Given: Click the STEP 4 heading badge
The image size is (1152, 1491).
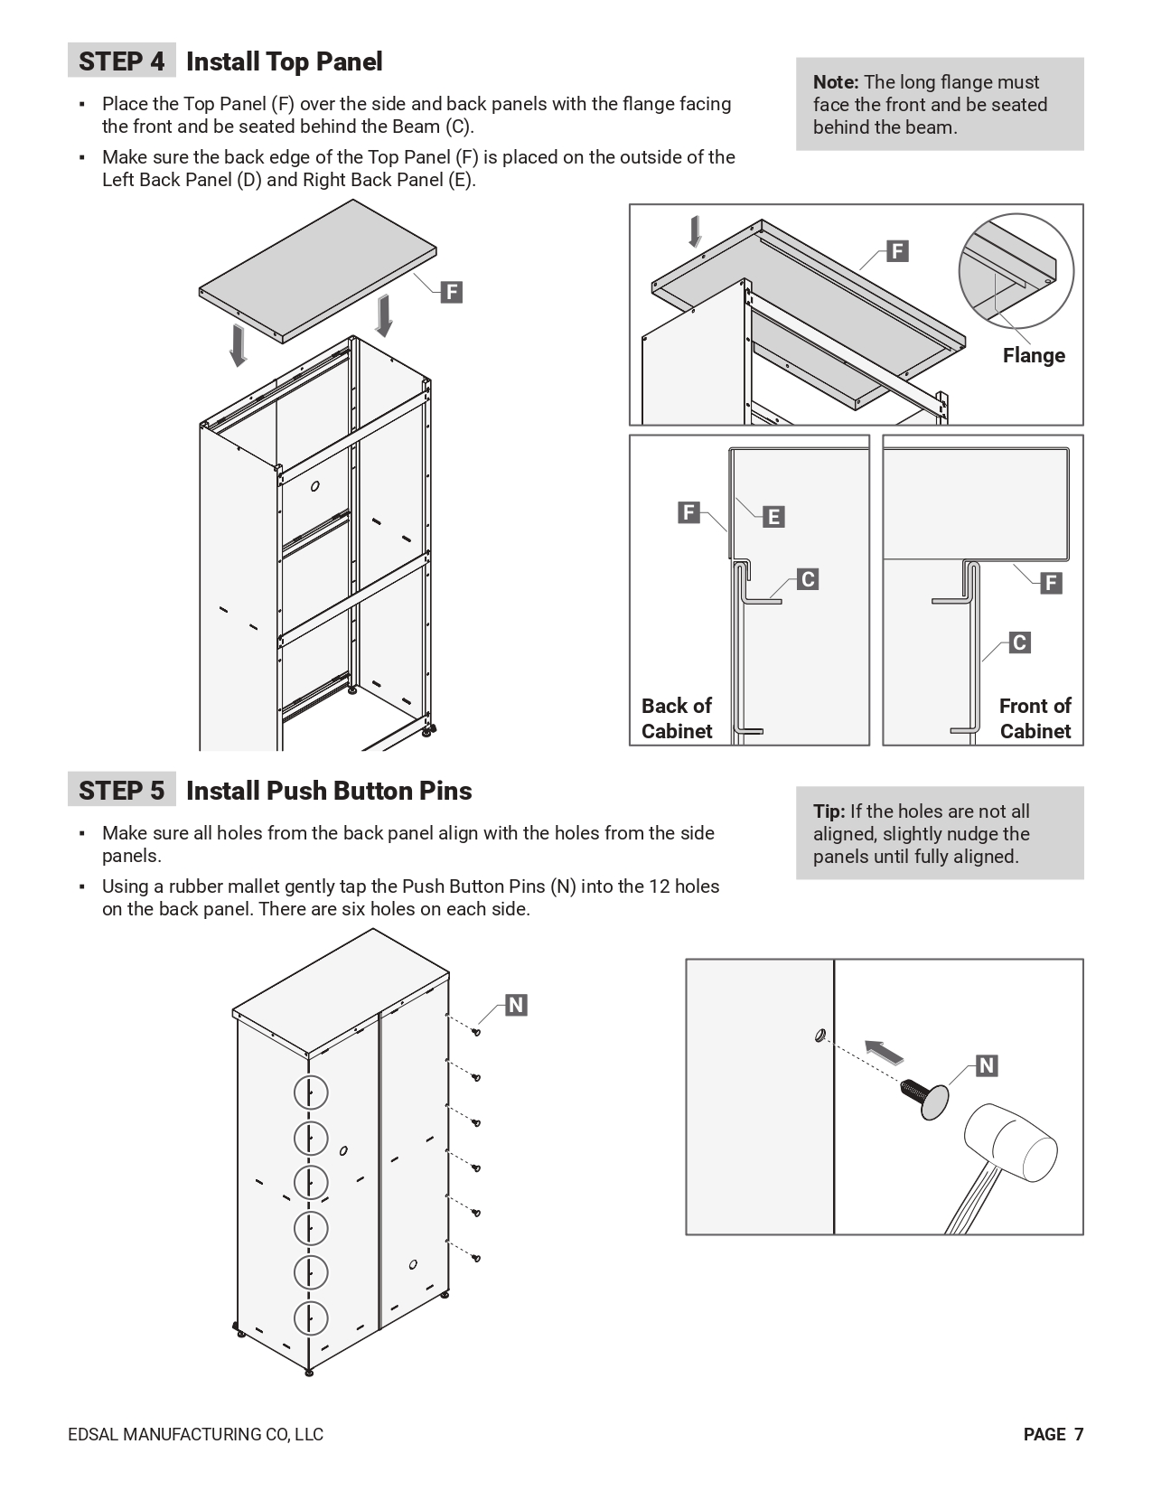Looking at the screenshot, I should coord(122,61).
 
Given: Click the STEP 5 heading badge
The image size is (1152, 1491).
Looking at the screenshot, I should coord(122,791).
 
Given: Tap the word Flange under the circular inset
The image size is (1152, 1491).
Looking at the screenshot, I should coord(1033,355).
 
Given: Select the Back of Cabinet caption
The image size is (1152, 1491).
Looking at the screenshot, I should coord(677,718).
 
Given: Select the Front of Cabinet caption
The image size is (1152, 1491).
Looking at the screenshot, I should coord(1035,718).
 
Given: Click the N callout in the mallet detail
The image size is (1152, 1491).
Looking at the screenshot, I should coord(987,1065).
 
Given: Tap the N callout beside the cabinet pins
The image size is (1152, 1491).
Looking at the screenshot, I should coord(516,1005).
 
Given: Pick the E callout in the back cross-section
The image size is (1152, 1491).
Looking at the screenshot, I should coord(773,517).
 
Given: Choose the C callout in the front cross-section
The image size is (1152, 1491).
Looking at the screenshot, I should coord(1019,642).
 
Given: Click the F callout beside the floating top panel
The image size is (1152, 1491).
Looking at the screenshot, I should coord(451,292).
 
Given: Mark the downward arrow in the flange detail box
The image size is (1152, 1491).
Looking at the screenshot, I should coord(695,231).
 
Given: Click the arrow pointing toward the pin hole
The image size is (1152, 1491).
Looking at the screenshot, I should coord(885,1053).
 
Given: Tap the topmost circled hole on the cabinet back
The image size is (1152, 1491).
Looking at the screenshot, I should coord(311,1092).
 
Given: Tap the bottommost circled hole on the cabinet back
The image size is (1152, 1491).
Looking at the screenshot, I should coord(311,1318).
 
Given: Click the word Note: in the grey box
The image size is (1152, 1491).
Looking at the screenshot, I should coord(836,82).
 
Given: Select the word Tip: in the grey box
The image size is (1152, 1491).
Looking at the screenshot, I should coord(829,811).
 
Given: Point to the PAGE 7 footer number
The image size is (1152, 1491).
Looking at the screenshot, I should coord(1053,1434).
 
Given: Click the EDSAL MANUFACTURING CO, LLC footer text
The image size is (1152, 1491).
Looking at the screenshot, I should coord(195,1434).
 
